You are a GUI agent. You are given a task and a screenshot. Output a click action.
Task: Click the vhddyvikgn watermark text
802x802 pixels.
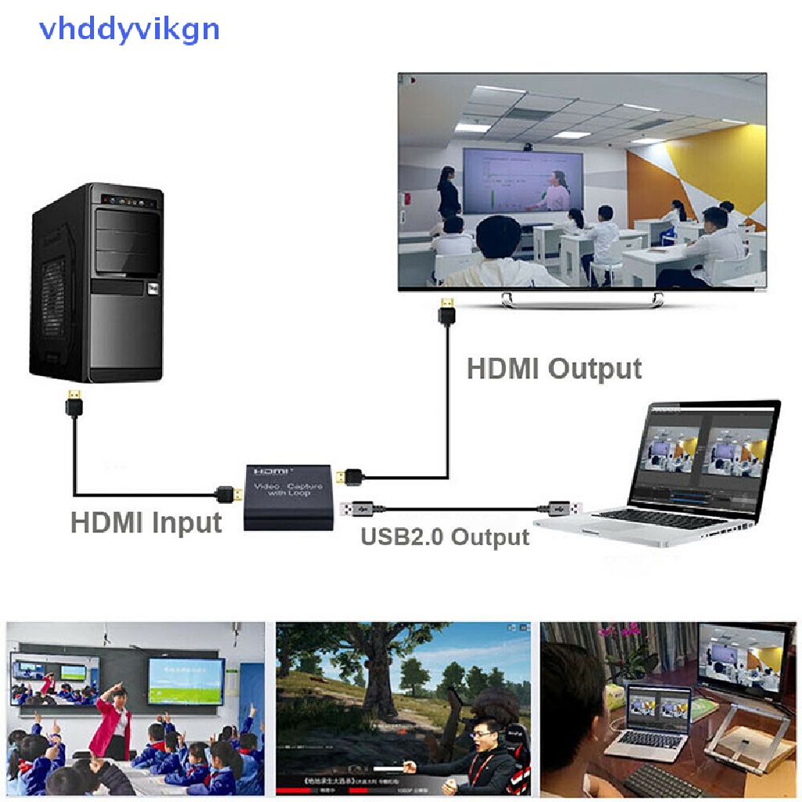130,30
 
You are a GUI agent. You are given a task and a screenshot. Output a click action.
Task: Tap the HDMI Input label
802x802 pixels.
146,522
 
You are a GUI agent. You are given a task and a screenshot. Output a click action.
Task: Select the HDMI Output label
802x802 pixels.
554,368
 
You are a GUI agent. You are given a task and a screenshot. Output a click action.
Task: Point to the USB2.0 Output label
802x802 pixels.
445,537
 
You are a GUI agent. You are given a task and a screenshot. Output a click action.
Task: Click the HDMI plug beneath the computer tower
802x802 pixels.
75,404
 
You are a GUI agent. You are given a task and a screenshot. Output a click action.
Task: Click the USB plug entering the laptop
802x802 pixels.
562,508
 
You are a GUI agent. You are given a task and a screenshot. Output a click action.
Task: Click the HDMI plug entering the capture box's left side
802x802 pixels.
229,495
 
